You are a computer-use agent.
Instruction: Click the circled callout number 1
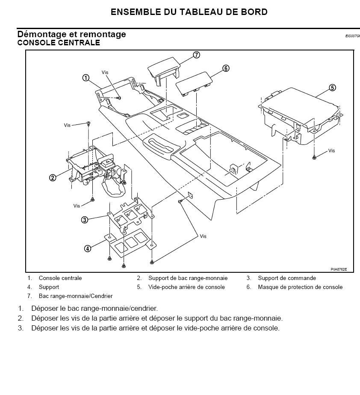pos(86,78)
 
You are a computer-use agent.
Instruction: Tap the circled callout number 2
pos(53,178)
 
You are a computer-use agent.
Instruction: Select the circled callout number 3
pos(85,220)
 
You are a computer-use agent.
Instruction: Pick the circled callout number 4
pos(87,248)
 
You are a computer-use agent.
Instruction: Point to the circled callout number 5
pos(332,88)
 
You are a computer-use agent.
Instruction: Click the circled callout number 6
pos(226,68)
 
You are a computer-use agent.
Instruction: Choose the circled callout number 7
pos(196,55)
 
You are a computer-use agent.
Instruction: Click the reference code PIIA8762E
pos(339,269)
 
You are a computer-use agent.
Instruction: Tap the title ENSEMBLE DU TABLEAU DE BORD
pos(189,12)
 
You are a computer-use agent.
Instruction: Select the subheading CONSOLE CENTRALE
pos(59,43)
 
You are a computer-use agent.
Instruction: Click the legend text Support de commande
pos(287,278)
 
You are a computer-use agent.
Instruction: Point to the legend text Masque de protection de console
pos(300,287)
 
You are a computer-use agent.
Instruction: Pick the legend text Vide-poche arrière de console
pos(186,287)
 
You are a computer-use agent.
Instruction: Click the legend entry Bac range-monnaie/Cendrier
pos(76,296)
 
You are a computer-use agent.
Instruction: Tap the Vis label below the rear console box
pos(332,151)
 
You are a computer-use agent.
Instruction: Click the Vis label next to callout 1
pos(105,73)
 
